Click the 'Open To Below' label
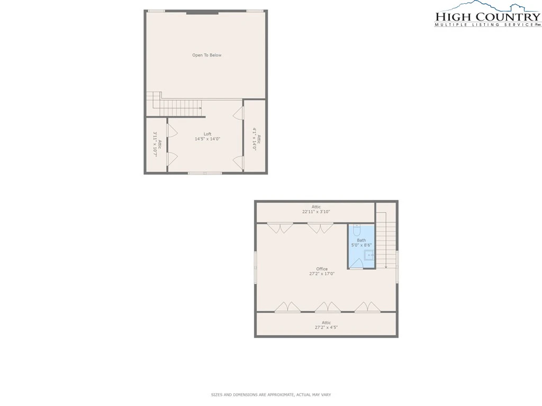click(x=207, y=55)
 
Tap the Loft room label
click(x=207, y=134)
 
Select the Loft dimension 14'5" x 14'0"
click(x=207, y=139)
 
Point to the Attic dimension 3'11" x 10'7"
click(x=155, y=144)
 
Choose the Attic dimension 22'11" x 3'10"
click(x=316, y=211)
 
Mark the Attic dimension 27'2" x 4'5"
click(x=326, y=327)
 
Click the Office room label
click(x=322, y=269)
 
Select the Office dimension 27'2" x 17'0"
click(x=322, y=274)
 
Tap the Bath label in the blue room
click(x=361, y=241)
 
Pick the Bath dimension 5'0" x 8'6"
click(x=361, y=245)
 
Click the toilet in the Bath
click(x=357, y=230)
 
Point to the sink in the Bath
click(x=369, y=255)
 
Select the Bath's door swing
click(x=356, y=264)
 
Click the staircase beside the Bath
click(x=386, y=241)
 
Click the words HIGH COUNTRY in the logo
click(x=487, y=17)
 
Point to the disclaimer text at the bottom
click(x=271, y=394)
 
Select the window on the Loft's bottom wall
click(x=205, y=173)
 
